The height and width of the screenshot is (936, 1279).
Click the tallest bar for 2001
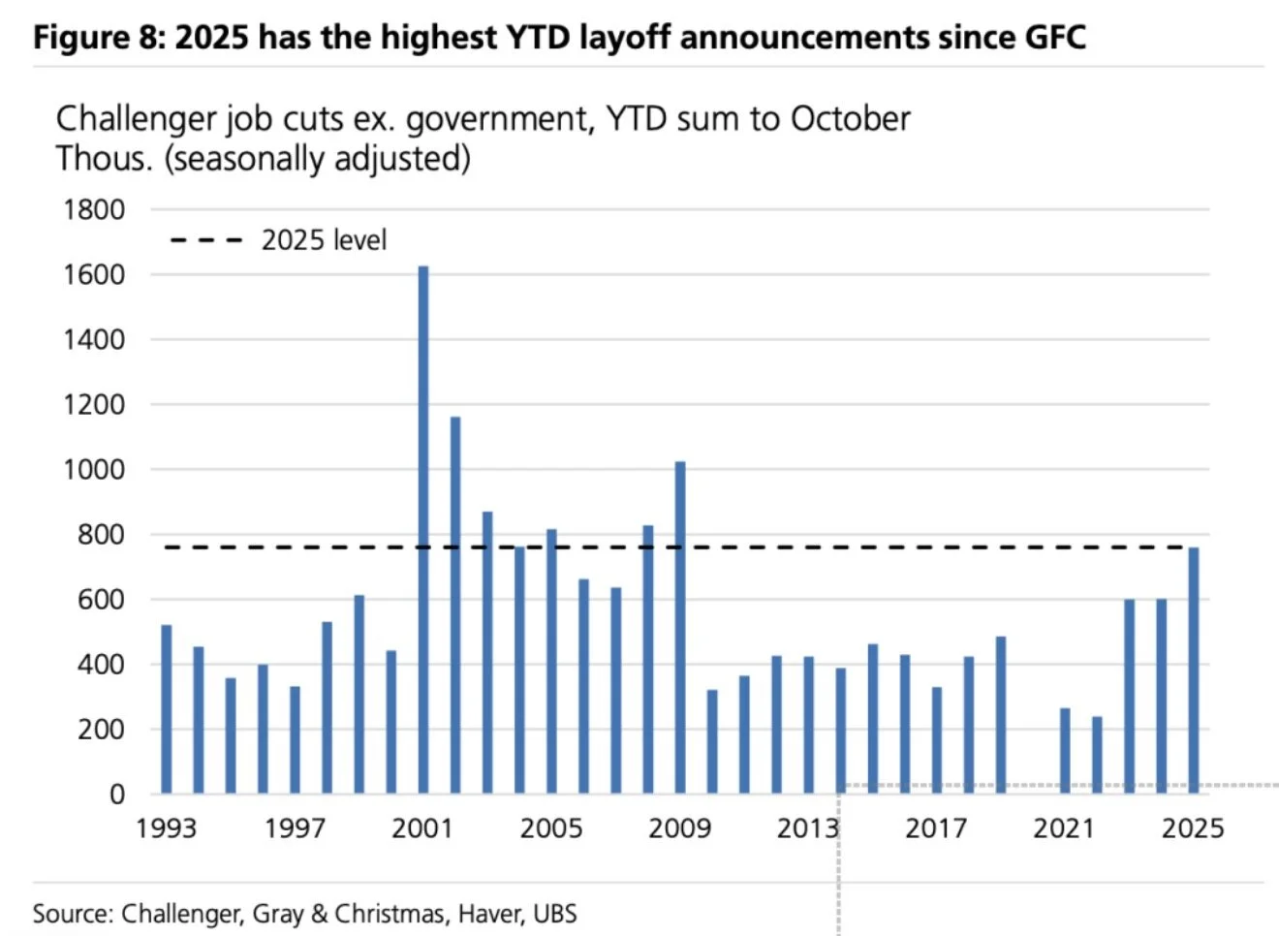click(423, 529)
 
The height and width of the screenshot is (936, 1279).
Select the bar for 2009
click(680, 627)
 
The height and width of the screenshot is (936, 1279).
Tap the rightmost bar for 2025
click(1194, 670)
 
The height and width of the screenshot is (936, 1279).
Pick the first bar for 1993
click(167, 708)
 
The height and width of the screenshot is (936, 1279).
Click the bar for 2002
click(455, 605)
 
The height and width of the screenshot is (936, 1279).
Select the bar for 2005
click(551, 661)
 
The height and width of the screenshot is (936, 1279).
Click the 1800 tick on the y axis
click(94, 209)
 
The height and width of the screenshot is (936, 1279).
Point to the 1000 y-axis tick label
click(94, 470)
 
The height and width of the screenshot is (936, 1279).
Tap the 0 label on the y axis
click(117, 795)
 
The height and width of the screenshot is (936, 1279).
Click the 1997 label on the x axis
click(295, 828)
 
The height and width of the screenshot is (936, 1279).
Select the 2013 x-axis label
click(807, 828)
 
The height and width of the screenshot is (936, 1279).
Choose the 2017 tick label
click(936, 828)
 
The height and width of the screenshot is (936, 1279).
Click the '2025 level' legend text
click(324, 240)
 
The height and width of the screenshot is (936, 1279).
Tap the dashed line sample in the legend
click(205, 240)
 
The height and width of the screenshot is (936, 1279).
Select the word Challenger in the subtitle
click(137, 119)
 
